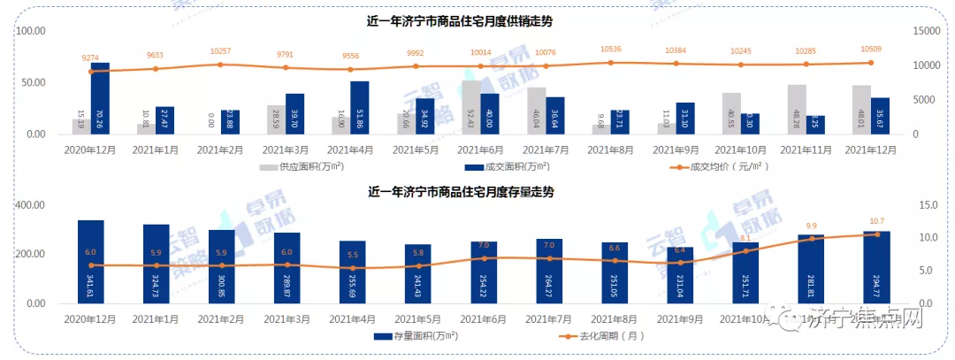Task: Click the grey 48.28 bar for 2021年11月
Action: (798, 110)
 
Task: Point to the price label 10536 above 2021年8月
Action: (612, 50)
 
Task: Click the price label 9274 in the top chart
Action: (91, 57)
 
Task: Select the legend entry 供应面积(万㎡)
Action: (305, 166)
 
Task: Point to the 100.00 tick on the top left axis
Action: (32, 31)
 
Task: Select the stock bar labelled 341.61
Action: (91, 262)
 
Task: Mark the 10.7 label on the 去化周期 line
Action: (876, 221)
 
